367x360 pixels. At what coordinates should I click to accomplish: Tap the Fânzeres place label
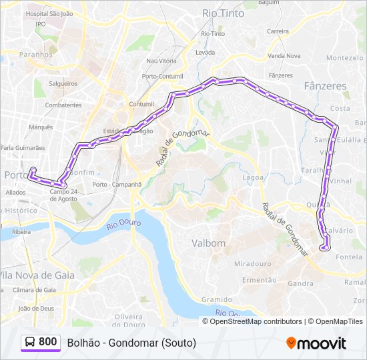point(325,86)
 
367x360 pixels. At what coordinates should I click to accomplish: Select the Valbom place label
point(209,243)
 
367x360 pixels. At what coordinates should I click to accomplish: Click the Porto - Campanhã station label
point(117,184)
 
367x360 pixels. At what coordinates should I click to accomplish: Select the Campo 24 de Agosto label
point(64,194)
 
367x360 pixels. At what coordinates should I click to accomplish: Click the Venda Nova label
point(284,56)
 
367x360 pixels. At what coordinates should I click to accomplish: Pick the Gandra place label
point(302,283)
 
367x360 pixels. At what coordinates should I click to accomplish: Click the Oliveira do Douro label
point(129,320)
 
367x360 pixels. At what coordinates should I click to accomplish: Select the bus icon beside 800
point(30,342)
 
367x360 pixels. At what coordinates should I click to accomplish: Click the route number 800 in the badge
point(47,342)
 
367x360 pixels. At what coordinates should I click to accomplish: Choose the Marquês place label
point(41,127)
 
